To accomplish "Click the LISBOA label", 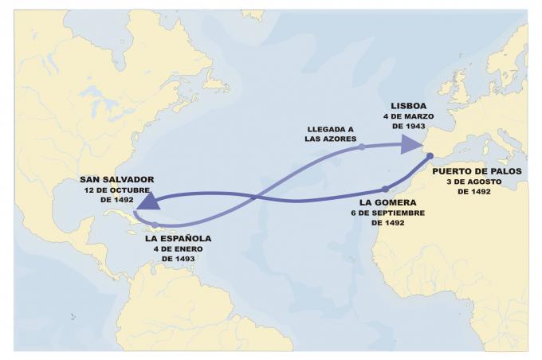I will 408,105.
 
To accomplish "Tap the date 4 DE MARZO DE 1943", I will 408,121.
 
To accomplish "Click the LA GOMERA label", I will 387,203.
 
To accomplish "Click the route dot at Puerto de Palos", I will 430,156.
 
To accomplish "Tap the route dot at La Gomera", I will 385,190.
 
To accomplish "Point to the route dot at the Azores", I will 361,147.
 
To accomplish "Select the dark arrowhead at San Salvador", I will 145,205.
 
